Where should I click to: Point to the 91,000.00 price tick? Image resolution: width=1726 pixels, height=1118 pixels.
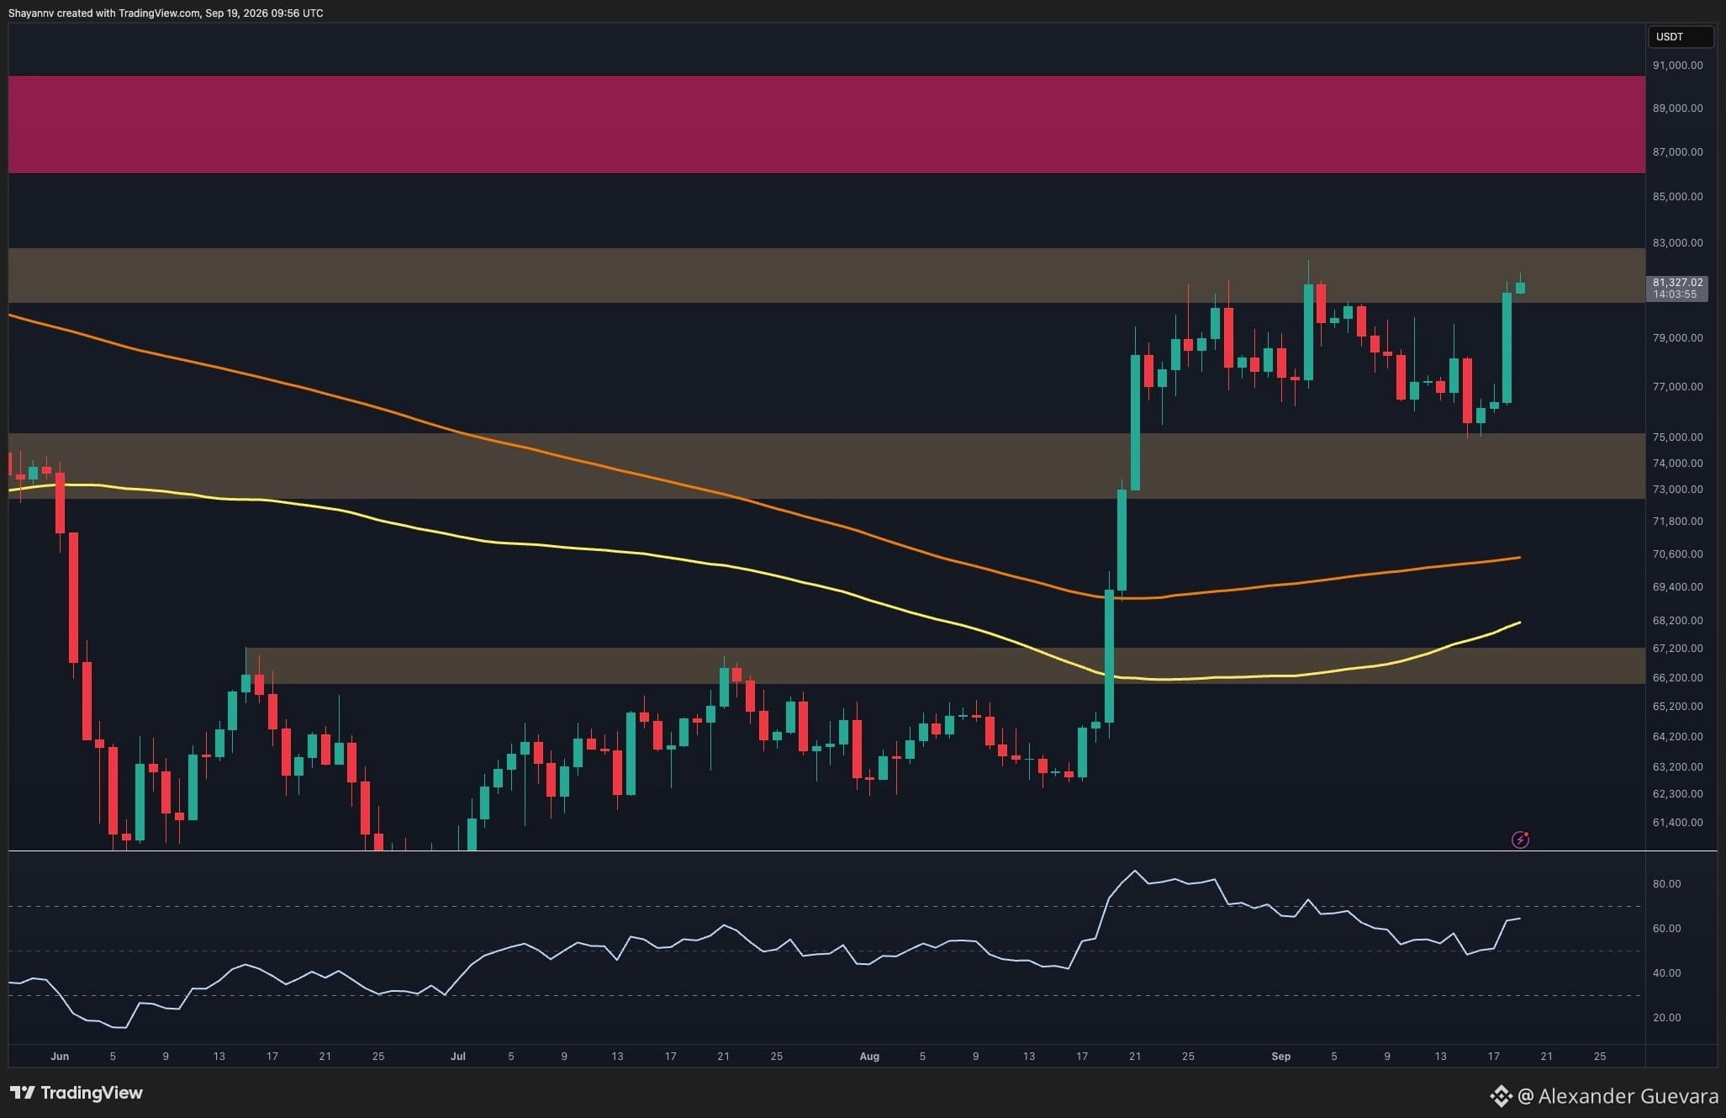tap(1677, 66)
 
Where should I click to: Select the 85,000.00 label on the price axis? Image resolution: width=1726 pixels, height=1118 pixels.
tap(1677, 197)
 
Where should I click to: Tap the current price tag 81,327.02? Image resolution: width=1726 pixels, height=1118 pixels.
tap(1677, 283)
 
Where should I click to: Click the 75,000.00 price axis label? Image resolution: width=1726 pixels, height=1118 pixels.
tap(1677, 437)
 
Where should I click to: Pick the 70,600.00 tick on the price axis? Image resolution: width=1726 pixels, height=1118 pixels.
tap(1677, 554)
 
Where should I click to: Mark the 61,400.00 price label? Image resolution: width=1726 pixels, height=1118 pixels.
tap(1677, 823)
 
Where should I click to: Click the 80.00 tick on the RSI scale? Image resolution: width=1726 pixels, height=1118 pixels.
tap(1666, 884)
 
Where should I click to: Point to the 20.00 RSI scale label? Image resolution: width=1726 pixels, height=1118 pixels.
tap(1666, 1018)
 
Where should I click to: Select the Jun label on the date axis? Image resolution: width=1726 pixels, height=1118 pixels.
tap(59, 1057)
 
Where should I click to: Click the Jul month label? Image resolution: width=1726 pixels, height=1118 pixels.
tap(457, 1057)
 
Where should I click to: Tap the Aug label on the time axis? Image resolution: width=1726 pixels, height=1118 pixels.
tap(869, 1057)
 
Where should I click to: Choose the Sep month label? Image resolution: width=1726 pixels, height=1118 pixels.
tap(1280, 1057)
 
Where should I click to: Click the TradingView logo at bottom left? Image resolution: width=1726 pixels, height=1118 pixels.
tap(77, 1093)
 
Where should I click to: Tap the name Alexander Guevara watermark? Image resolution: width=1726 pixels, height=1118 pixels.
tap(1628, 1096)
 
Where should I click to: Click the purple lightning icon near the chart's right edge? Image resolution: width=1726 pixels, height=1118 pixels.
tap(1520, 840)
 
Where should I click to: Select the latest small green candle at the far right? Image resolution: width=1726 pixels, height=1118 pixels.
tap(1520, 288)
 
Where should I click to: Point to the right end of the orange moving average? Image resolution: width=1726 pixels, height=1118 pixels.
tap(1520, 557)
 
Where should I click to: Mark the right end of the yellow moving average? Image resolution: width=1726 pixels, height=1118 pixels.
tap(1520, 623)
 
